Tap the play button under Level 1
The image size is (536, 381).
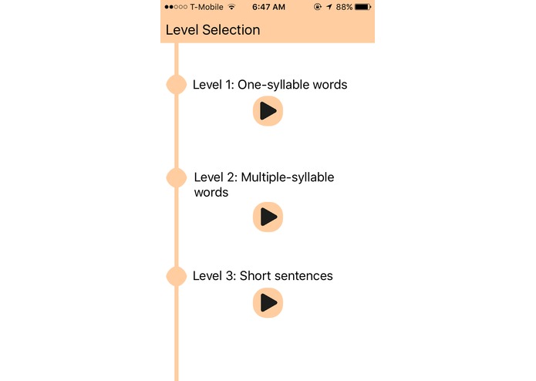click(268, 111)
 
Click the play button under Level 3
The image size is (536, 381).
click(268, 302)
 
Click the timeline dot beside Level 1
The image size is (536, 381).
click(177, 84)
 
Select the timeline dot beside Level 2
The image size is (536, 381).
click(177, 177)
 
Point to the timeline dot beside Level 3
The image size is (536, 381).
click(177, 276)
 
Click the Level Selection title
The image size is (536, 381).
click(213, 30)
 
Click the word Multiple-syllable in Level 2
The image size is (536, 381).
click(288, 177)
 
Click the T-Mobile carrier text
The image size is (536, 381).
click(206, 7)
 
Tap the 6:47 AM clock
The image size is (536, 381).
click(268, 7)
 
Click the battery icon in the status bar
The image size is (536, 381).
click(363, 7)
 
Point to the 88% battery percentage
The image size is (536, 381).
click(344, 7)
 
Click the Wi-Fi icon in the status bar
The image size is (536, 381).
click(231, 7)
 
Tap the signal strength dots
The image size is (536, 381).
click(176, 7)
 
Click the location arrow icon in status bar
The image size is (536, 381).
click(329, 7)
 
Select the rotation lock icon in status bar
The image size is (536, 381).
click(318, 7)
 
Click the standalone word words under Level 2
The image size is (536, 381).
click(211, 192)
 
